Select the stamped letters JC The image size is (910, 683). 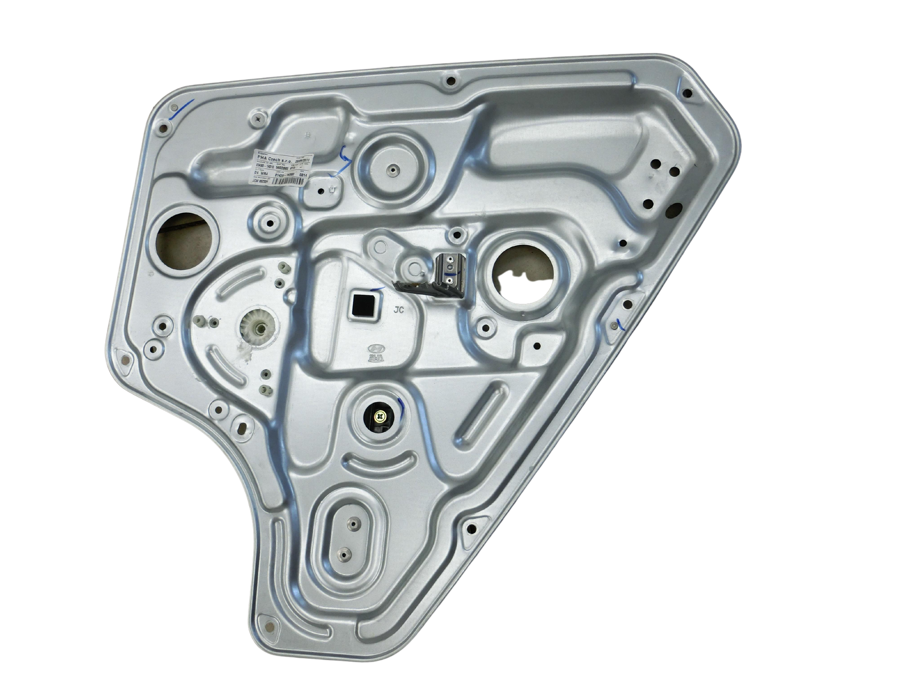tap(400, 310)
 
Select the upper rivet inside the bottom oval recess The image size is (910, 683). tap(350, 524)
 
